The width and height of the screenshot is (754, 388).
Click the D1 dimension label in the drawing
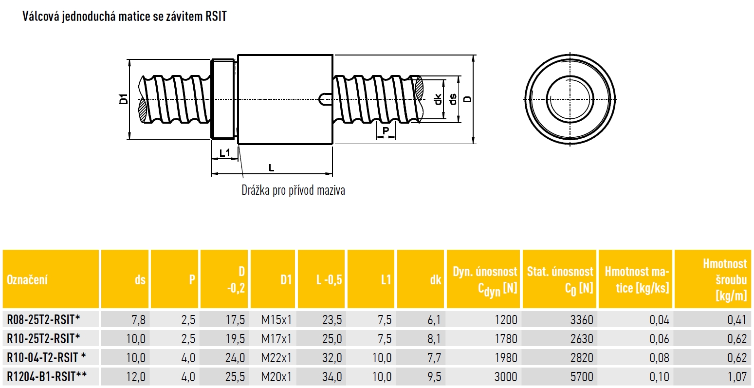[x=124, y=99]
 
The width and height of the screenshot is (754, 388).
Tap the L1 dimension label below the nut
[x=224, y=153]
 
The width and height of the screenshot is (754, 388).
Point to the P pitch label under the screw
[x=386, y=130]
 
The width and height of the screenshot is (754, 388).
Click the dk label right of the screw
[x=437, y=100]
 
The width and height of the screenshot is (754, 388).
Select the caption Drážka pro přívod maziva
[x=293, y=190]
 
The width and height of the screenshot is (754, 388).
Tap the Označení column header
[x=27, y=279]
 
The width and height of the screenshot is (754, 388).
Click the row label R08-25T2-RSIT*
[x=43, y=319]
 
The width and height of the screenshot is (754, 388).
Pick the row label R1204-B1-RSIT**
[x=47, y=376]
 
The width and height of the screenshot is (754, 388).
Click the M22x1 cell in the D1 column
[x=276, y=358]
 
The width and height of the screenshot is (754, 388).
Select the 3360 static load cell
[x=582, y=320]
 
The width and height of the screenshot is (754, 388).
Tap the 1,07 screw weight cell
[x=737, y=377]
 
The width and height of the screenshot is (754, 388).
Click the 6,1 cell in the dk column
[x=434, y=320]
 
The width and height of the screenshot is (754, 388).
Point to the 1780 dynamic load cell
[x=506, y=338]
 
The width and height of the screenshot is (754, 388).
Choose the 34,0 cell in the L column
[x=332, y=377]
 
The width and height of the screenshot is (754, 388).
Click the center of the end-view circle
[x=570, y=99]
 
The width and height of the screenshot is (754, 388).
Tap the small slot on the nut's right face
[x=325, y=99]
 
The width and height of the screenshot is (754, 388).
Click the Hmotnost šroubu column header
[x=725, y=279]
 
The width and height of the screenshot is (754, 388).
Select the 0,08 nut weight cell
[x=660, y=358]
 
